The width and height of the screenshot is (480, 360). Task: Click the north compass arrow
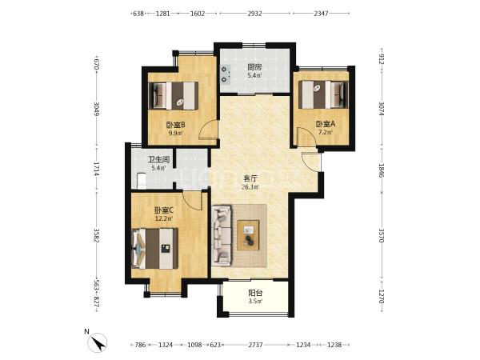[98, 343]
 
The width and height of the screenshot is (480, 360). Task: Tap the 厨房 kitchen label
[254, 66]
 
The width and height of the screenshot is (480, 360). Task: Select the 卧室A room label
[326, 124]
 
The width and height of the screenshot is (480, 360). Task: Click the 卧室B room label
[175, 125]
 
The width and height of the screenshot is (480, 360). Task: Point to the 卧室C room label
[164, 210]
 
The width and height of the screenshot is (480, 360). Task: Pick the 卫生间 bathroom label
[158, 159]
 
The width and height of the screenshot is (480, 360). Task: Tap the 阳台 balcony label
[255, 293]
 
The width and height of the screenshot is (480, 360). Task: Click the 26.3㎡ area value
[250, 187]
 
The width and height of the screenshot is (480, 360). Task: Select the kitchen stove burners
[226, 74]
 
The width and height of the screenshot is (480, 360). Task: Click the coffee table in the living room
[248, 235]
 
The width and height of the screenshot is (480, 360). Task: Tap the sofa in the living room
[222, 234]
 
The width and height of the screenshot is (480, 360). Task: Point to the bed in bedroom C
[154, 249]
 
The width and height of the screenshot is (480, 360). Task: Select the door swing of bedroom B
[209, 130]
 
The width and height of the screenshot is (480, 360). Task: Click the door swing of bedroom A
[306, 137]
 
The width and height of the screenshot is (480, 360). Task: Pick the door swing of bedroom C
[193, 200]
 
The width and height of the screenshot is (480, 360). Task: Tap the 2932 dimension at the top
[254, 14]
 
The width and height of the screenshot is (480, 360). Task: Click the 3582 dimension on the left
[97, 235]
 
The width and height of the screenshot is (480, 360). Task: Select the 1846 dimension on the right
[382, 170]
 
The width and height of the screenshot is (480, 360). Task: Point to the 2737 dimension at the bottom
[255, 345]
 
